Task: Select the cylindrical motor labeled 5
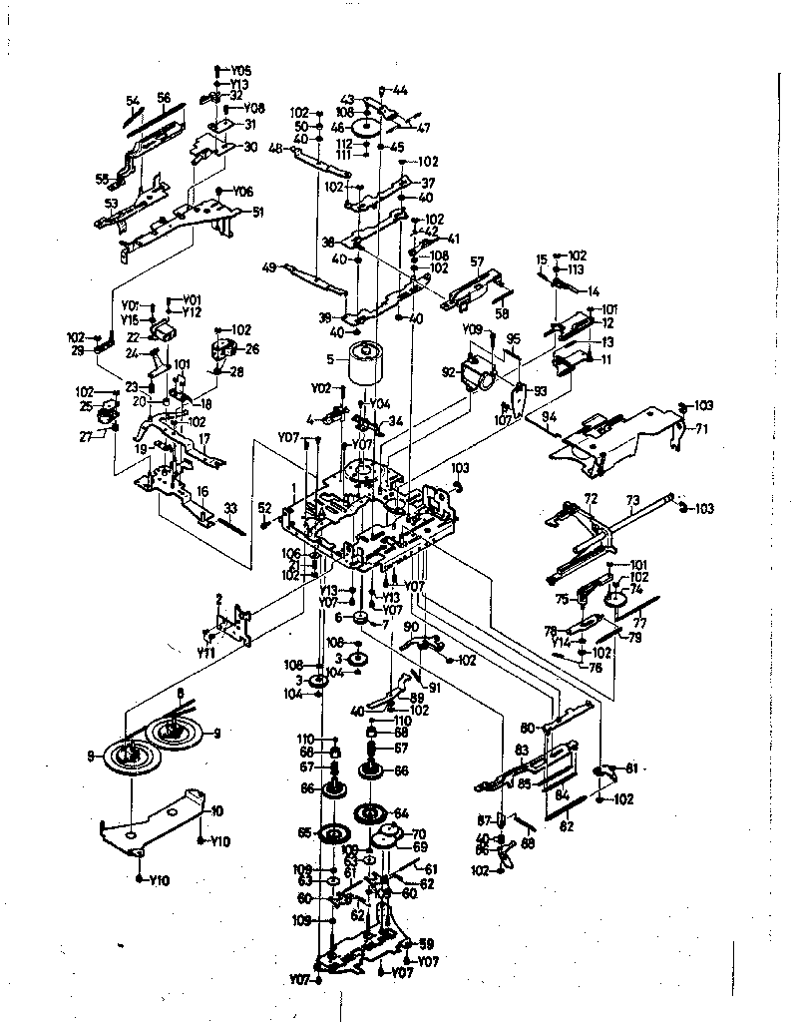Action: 365,366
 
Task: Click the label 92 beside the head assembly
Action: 449,372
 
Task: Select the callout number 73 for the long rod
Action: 632,499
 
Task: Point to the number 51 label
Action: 257,212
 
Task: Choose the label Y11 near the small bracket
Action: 205,653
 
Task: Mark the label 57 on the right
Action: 477,261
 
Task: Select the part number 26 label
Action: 250,349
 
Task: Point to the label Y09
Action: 473,328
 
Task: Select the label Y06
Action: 243,191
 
